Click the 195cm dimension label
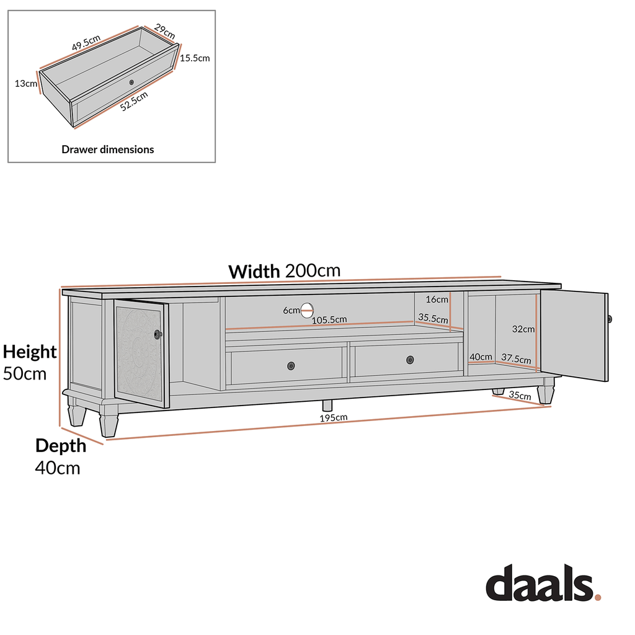tap(334, 418)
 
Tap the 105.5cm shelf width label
tap(329, 319)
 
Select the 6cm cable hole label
tap(291, 310)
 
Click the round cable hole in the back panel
tap(307, 310)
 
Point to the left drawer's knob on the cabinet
tap(291, 366)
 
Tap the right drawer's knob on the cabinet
tap(410, 360)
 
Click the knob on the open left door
tap(158, 334)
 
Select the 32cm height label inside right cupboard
tap(524, 329)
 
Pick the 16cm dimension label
tap(437, 300)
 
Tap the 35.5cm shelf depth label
tap(433, 317)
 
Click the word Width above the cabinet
tap(254, 272)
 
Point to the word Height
tap(30, 352)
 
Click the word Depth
tap(60, 445)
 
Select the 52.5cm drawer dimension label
tap(135, 101)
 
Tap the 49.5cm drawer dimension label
tap(86, 43)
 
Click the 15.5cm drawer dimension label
tap(195, 58)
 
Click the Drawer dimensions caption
tap(108, 149)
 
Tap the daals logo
tap(543, 584)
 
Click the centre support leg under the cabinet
tap(327, 405)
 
